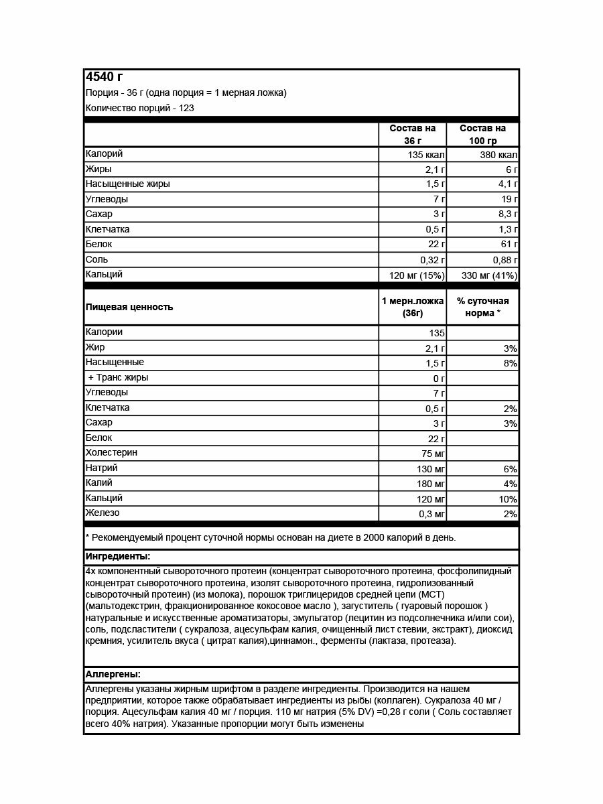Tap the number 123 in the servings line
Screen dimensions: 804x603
click(187, 108)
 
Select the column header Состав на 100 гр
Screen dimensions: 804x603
click(482, 134)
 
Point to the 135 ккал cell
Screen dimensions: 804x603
click(425, 155)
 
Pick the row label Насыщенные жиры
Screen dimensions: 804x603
click(127, 184)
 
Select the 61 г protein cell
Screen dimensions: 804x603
click(507, 245)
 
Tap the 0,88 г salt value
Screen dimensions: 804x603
click(502, 260)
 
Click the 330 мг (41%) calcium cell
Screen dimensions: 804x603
click(489, 275)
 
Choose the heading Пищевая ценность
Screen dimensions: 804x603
click(129, 307)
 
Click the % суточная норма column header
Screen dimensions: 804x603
click(482, 307)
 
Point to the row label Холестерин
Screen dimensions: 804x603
click(111, 453)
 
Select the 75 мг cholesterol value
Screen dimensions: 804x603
click(433, 454)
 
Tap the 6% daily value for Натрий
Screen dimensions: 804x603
click(510, 469)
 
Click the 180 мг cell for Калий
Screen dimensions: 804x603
click(431, 484)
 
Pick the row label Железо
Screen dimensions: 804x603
click(103, 513)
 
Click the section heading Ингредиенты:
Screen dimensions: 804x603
click(117, 557)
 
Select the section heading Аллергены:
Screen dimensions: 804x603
click(113, 674)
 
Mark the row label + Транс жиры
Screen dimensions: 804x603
click(118, 378)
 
